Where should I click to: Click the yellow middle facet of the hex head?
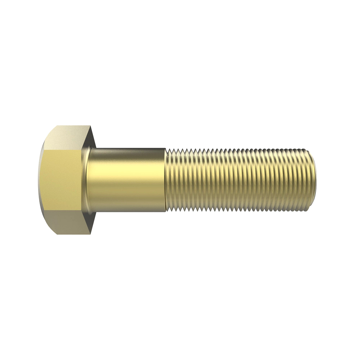(60, 180)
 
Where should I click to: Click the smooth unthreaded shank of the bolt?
(126, 180)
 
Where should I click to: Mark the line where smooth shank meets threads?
(166, 180)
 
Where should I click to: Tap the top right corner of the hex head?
(91, 126)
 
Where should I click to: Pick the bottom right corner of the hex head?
(91, 234)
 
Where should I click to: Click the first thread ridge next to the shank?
(169, 180)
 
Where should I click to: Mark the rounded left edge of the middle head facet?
(39, 180)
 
